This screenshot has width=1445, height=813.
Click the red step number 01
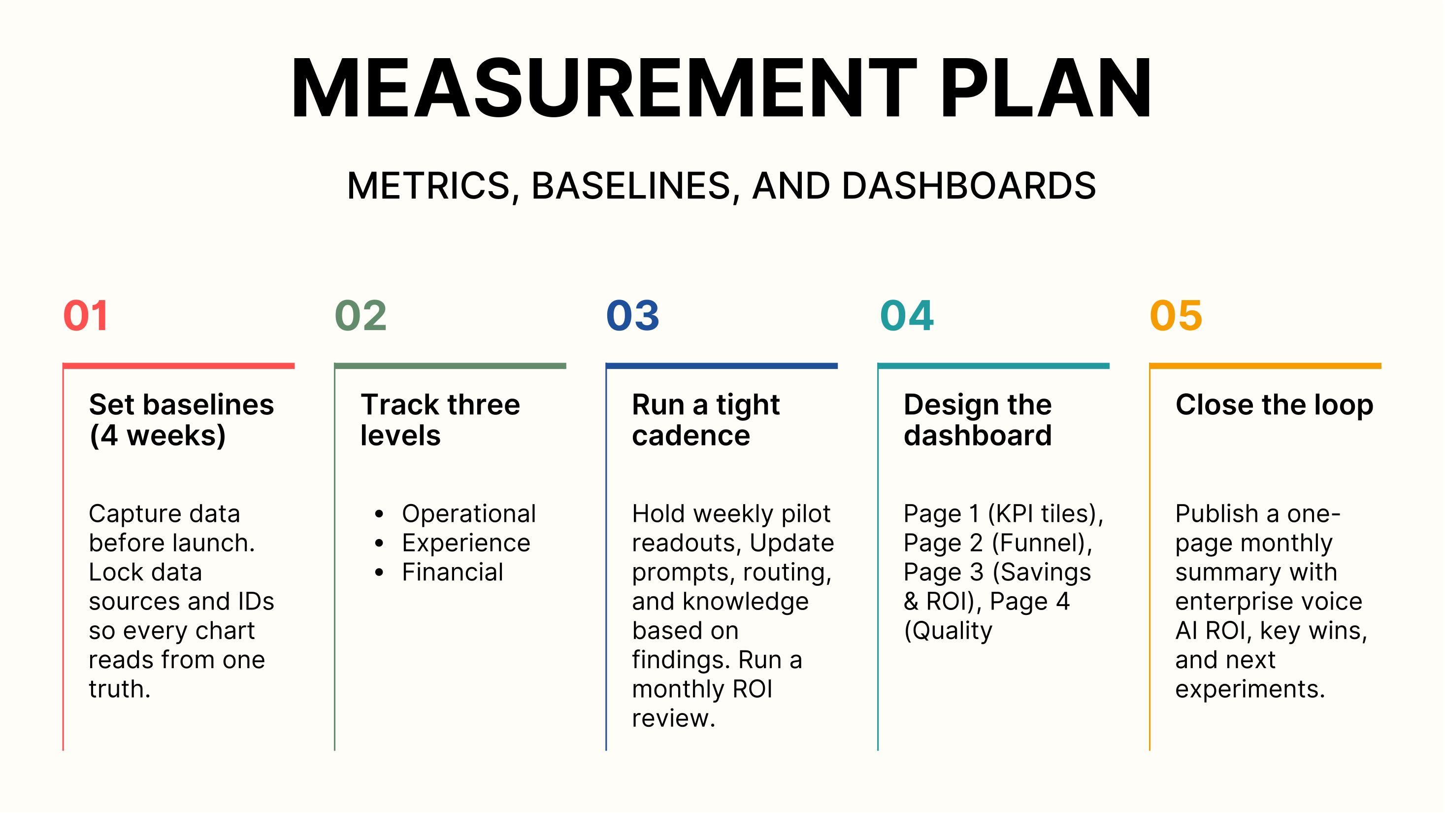[85, 315]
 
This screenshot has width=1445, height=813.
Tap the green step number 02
[360, 315]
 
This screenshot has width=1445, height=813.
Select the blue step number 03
[632, 315]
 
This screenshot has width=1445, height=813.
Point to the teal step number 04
[907, 315]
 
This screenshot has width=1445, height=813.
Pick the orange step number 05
[1176, 315]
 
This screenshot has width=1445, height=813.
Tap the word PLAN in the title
[1046, 89]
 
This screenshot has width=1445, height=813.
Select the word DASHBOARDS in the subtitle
[969, 186]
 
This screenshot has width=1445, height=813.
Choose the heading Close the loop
[1274, 405]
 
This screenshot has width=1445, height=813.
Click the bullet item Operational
[469, 514]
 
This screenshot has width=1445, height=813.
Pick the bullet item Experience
[465, 543]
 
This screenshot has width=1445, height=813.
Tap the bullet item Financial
[452, 572]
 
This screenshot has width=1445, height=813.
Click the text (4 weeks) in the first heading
[158, 436]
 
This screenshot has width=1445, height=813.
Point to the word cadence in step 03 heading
[690, 436]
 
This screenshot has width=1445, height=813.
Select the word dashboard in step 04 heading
[977, 436]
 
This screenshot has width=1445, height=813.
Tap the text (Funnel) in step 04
[1041, 543]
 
